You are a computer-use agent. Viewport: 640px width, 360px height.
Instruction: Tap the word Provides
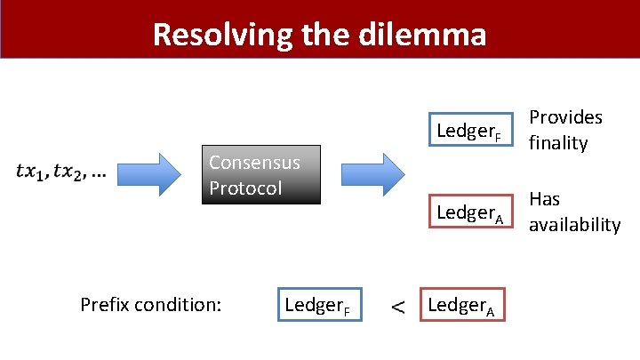tap(565, 117)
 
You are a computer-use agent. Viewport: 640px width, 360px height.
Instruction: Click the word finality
tap(558, 143)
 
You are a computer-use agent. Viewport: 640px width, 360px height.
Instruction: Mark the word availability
tap(574, 225)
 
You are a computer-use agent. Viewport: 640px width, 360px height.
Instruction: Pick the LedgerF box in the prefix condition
tap(318, 306)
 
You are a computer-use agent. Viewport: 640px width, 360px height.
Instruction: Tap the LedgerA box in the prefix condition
tap(462, 306)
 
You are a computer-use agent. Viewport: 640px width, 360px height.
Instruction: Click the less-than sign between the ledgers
tap(396, 308)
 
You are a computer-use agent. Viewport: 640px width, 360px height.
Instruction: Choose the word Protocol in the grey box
tap(245, 188)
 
